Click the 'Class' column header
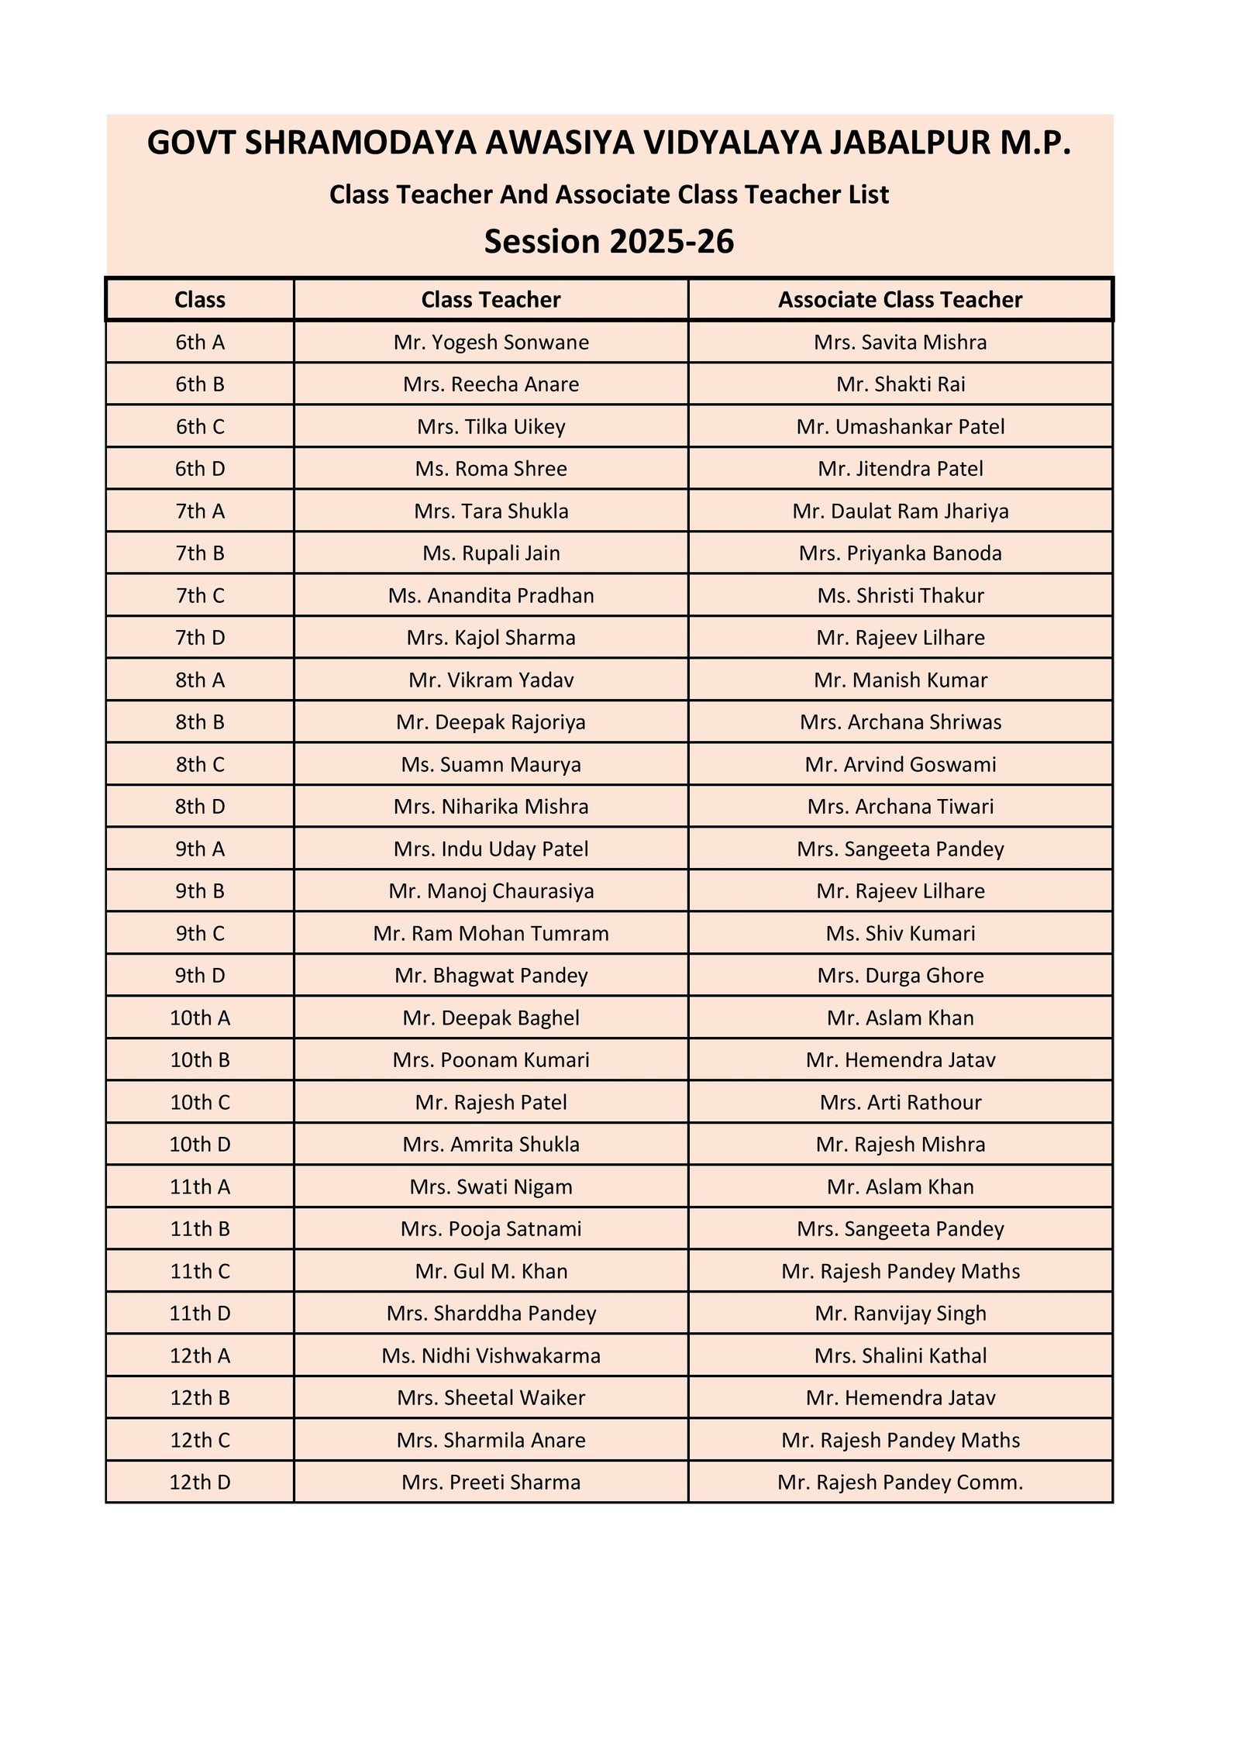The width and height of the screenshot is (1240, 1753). pyautogui.click(x=200, y=300)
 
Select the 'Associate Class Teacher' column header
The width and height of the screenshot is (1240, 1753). pyautogui.click(x=900, y=300)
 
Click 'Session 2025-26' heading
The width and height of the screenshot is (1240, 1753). pyautogui.click(x=608, y=242)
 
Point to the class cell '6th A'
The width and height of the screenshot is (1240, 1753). pyautogui.click(x=200, y=343)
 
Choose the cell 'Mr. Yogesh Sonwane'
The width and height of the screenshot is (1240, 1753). pyautogui.click(x=491, y=343)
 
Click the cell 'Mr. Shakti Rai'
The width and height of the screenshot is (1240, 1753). pyautogui.click(x=900, y=384)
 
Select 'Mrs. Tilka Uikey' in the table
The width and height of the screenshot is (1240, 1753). pyautogui.click(x=491, y=427)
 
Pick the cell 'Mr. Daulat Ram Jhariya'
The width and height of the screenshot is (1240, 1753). pyautogui.click(x=900, y=511)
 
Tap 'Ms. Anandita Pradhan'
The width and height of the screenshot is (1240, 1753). pyautogui.click(x=491, y=596)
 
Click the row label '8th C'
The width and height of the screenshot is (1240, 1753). pyautogui.click(x=200, y=765)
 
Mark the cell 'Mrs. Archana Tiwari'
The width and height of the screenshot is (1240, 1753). pyautogui.click(x=900, y=807)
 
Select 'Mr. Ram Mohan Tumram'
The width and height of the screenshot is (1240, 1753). pyautogui.click(x=491, y=934)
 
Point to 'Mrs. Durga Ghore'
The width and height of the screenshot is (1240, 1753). pyautogui.click(x=900, y=976)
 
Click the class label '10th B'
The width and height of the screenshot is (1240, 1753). pyautogui.click(x=200, y=1060)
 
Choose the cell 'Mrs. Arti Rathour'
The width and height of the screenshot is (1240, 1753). pyautogui.click(x=900, y=1103)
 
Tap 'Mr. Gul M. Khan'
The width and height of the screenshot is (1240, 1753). pyautogui.click(x=491, y=1272)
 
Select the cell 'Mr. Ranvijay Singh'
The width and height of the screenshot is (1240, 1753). pyautogui.click(x=900, y=1314)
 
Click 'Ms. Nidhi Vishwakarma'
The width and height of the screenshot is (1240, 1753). pyautogui.click(x=491, y=1356)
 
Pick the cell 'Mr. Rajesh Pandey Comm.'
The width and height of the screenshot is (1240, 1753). pyautogui.click(x=900, y=1483)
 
